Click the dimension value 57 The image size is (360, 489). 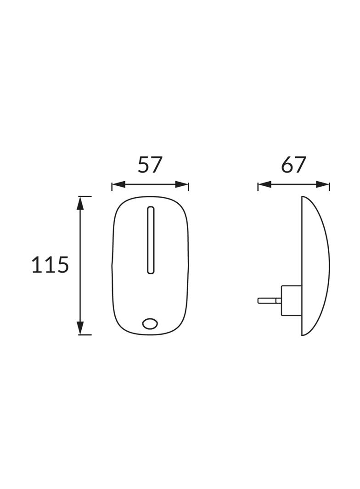(x=150, y=165)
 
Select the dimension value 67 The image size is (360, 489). (x=293, y=165)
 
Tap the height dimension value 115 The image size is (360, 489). (x=50, y=265)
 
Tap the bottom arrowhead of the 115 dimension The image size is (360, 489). (x=81, y=328)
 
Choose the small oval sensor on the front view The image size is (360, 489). (x=150, y=323)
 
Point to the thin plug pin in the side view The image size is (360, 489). (x=269, y=300)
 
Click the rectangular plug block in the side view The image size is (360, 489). (x=290, y=300)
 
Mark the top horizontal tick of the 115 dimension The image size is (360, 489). (x=84, y=196)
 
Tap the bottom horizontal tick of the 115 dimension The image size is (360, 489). (x=84, y=335)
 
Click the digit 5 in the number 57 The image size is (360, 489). (x=144, y=165)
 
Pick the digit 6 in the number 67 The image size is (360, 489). (x=287, y=165)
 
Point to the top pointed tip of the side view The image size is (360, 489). (x=303, y=197)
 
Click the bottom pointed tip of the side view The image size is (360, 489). (x=303, y=335)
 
